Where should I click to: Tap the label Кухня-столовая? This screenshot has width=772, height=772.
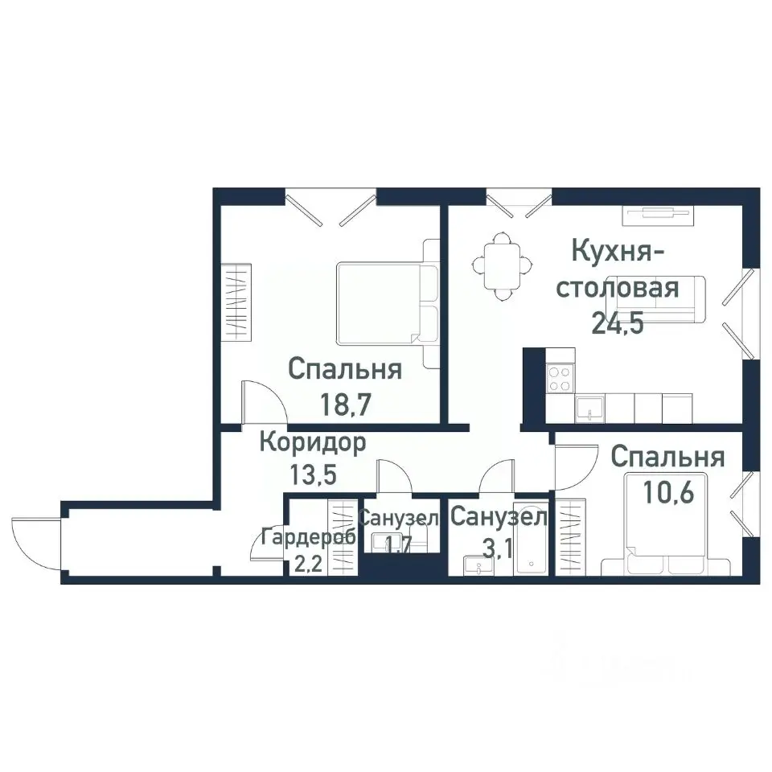pos(618,269)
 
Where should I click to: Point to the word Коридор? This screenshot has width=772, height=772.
pos(313,441)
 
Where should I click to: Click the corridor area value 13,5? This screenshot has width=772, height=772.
pos(313,474)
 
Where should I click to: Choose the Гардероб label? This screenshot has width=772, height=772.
pos(309,537)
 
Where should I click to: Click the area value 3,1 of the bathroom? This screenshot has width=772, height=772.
pos(499,548)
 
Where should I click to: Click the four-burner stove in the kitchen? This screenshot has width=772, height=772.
pos(560,377)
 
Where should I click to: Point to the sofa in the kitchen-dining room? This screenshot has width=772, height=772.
pos(688,300)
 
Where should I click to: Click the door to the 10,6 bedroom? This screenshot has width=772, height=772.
pos(573,470)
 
